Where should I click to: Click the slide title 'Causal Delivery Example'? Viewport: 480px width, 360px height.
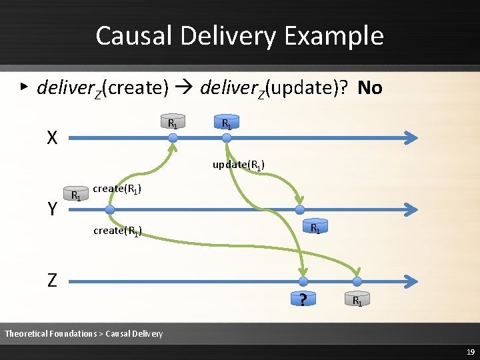click(x=239, y=35)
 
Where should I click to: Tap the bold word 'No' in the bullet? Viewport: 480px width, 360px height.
click(x=369, y=87)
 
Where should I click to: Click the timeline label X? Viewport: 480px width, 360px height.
click(x=51, y=138)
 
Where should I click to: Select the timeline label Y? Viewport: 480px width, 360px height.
click(x=51, y=210)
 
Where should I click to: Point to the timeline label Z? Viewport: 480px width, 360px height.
click(x=51, y=281)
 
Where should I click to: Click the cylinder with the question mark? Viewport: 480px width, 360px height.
click(x=303, y=300)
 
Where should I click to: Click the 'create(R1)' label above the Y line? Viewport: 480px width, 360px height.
click(x=117, y=189)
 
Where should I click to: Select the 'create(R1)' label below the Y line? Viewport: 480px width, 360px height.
click(x=117, y=231)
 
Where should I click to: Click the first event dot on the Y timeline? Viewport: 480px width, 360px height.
click(x=110, y=210)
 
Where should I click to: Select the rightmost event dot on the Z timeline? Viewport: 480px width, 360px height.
click(x=357, y=281)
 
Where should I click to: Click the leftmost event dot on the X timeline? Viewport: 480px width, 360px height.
click(x=173, y=138)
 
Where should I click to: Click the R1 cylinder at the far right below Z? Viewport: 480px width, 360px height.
click(x=357, y=300)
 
